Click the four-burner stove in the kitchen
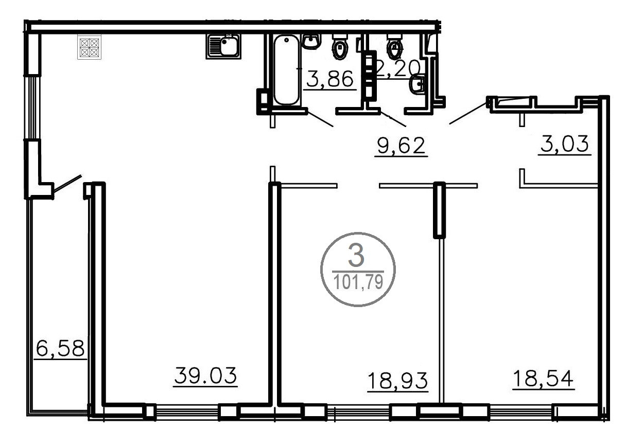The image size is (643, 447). (x=89, y=47)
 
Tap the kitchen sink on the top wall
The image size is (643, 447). (x=223, y=46)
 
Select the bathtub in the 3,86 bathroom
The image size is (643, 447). (x=286, y=69)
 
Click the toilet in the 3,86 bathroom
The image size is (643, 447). (x=340, y=47)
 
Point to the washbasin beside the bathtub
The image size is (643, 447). (x=311, y=42)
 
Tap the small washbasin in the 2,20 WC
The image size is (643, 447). (x=417, y=85)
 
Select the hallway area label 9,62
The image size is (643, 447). (x=401, y=146)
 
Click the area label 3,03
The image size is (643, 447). (x=565, y=144)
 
